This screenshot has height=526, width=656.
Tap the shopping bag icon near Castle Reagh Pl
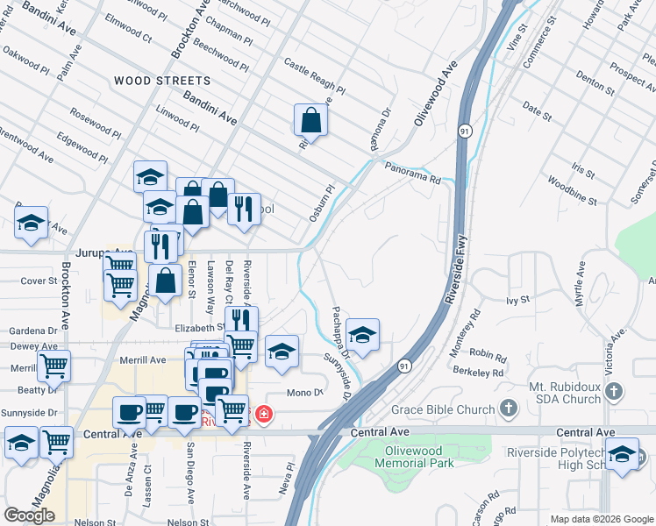[x=310, y=118]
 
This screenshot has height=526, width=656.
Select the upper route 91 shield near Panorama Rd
[x=463, y=131]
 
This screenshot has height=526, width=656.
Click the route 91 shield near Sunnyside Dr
[x=403, y=366]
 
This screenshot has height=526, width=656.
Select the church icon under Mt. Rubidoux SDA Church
[x=614, y=391]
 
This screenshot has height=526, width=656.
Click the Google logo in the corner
[x=30, y=515]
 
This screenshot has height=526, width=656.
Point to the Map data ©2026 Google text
[x=602, y=519]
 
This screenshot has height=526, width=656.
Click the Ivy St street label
[x=518, y=300]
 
